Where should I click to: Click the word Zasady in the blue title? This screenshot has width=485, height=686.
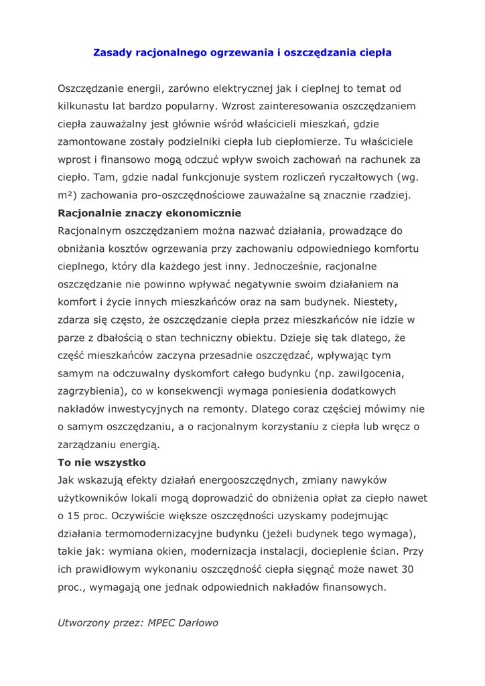point(111,52)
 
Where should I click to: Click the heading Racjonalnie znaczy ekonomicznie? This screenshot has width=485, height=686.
point(149,214)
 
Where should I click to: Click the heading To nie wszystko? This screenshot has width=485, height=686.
point(102,462)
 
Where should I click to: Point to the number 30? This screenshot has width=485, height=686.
point(411,570)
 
